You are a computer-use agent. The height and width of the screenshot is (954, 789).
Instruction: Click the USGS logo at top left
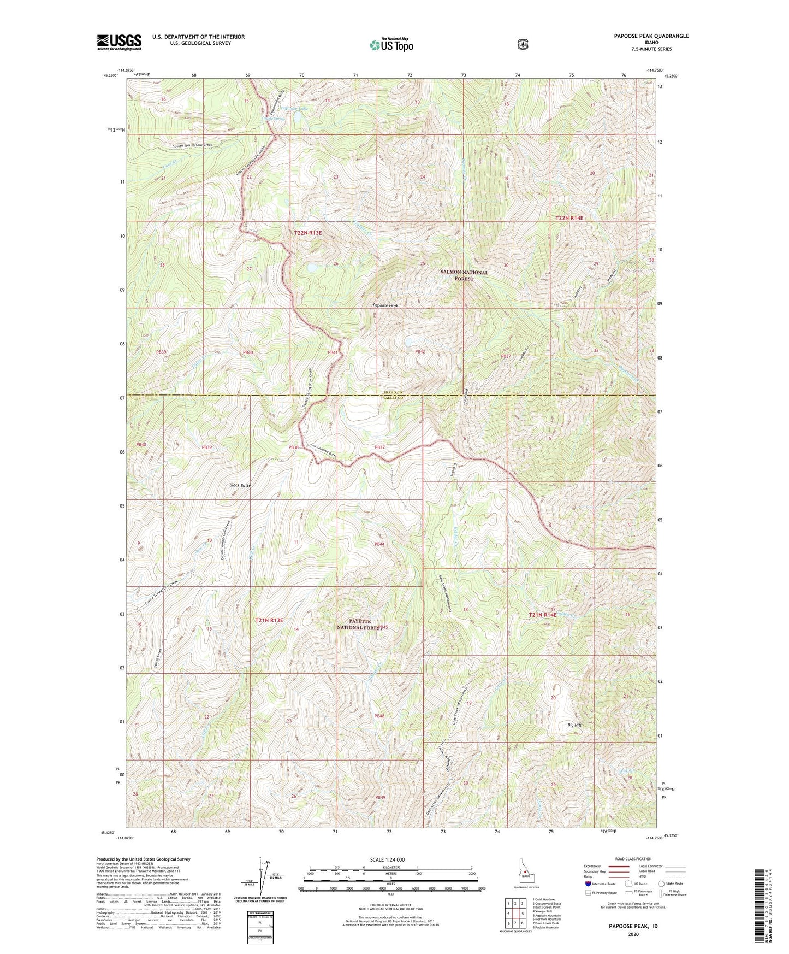click(x=119, y=42)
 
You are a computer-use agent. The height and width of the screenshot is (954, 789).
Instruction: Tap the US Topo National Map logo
click(x=390, y=45)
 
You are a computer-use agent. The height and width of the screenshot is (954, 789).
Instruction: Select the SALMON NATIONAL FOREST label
click(x=465, y=275)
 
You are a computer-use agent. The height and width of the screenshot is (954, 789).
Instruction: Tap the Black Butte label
click(x=240, y=485)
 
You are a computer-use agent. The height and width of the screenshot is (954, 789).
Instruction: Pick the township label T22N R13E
click(x=308, y=233)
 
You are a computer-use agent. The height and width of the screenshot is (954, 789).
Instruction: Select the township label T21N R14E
click(x=542, y=615)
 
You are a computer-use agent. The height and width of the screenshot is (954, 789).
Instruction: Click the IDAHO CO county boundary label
click(x=392, y=392)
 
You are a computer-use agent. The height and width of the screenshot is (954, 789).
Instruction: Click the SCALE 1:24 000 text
click(x=387, y=859)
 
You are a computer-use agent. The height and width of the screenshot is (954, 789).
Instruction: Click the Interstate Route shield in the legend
click(x=588, y=884)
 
